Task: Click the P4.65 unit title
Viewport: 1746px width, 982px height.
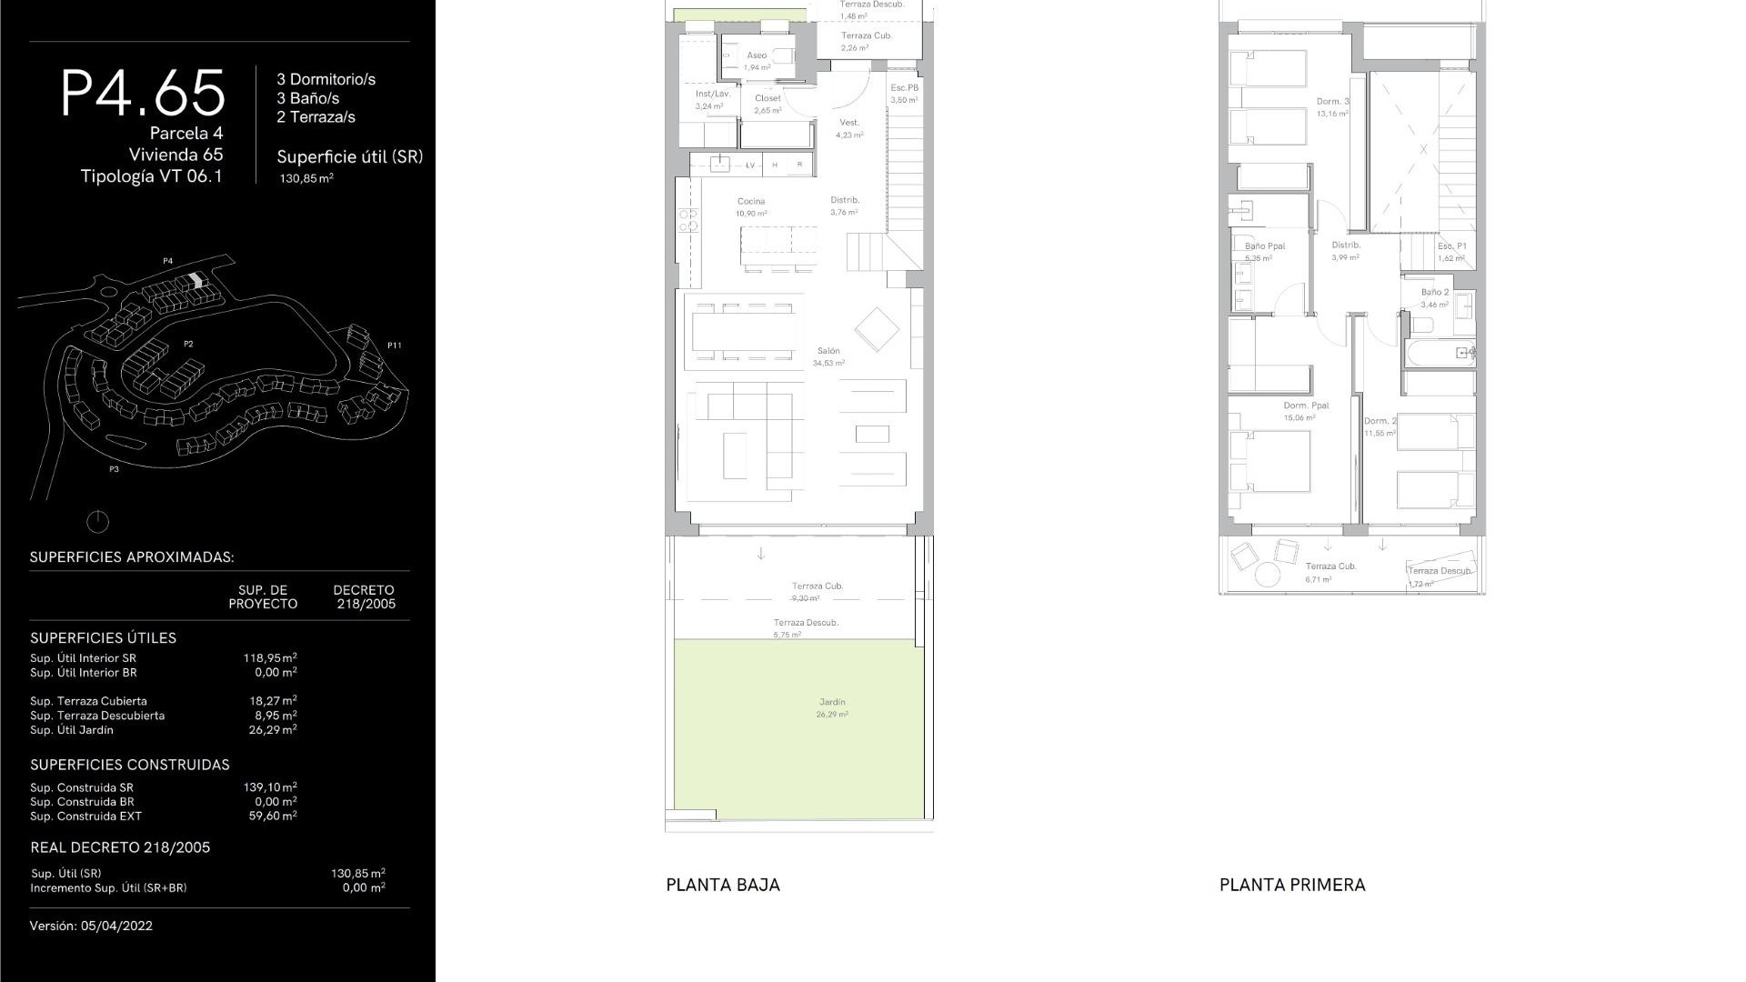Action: (x=143, y=93)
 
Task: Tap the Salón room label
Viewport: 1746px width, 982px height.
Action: (x=828, y=351)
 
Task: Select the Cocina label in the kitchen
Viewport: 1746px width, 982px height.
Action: (x=751, y=202)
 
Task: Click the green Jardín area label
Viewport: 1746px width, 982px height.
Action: (x=832, y=702)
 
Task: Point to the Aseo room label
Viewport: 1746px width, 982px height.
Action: (x=757, y=55)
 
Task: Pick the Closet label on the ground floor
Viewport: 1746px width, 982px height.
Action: (x=768, y=98)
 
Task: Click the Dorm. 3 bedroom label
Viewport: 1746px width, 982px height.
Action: (x=1332, y=102)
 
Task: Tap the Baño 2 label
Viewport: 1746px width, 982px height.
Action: (x=1435, y=293)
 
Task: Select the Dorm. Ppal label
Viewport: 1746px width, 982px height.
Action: (x=1306, y=406)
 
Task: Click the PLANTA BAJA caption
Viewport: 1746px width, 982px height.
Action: (x=723, y=885)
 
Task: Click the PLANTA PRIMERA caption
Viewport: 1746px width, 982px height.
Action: (x=1292, y=885)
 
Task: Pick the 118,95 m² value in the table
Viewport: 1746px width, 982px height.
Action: (x=270, y=657)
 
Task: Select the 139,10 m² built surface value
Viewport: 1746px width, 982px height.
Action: (x=270, y=787)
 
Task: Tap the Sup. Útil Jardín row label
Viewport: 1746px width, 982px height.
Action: (x=72, y=730)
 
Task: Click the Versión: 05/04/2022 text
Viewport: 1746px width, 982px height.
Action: (x=91, y=926)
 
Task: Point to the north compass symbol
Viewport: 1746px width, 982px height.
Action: (x=97, y=522)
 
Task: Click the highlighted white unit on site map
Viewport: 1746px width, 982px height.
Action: (x=197, y=281)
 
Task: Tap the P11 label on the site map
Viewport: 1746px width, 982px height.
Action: (x=394, y=346)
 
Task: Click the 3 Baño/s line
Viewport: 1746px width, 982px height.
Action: (x=308, y=98)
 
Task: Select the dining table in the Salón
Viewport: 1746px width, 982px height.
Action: (x=743, y=332)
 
